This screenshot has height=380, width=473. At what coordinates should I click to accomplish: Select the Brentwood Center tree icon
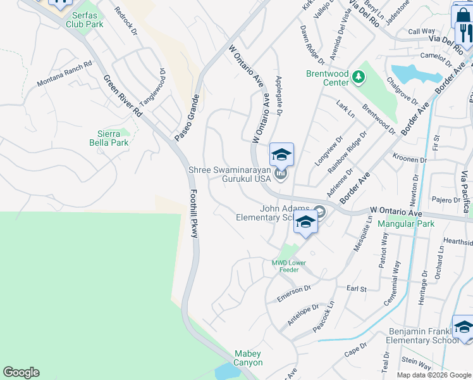pos(359,77)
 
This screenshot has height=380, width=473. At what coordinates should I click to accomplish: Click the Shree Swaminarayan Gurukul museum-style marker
pos(281,173)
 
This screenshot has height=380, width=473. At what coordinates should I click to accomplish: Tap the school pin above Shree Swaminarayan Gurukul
pos(281,155)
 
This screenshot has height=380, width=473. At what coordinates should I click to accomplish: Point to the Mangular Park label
pos(405,224)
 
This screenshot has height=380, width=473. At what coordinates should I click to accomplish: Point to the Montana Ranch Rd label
pos(64,74)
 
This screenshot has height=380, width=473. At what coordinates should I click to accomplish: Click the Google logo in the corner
pos(21,372)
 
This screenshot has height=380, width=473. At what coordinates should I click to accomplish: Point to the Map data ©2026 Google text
pos(434,375)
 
